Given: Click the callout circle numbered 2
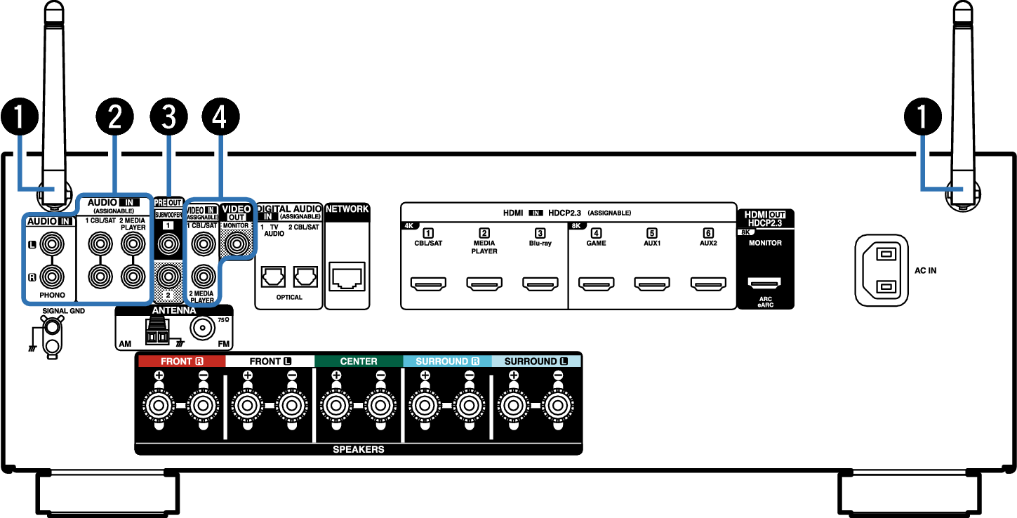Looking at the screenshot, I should click(114, 117).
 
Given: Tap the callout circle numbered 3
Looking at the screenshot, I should click(168, 117).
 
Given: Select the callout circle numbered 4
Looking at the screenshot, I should click(220, 117).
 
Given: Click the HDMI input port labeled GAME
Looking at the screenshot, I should click(597, 284).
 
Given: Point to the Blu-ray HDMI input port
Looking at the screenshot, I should click(540, 284).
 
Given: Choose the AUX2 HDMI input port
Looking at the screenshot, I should click(708, 284).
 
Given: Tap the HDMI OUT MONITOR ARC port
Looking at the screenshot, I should click(765, 284).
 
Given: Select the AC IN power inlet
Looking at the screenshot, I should click(882, 270).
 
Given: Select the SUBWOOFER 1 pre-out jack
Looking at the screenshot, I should click(168, 245).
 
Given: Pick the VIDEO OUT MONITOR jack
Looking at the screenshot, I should click(236, 245).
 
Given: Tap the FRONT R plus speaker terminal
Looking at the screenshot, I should click(159, 405).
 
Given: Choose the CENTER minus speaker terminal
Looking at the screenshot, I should click(380, 405).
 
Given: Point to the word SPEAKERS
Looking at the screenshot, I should click(358, 449).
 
